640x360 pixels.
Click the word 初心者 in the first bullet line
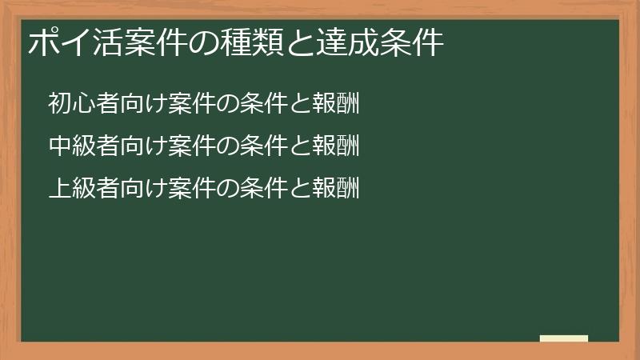click(x=85, y=105)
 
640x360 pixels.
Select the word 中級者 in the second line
click(x=85, y=146)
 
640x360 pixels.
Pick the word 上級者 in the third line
click(x=85, y=189)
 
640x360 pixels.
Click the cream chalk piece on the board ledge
click(x=564, y=338)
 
